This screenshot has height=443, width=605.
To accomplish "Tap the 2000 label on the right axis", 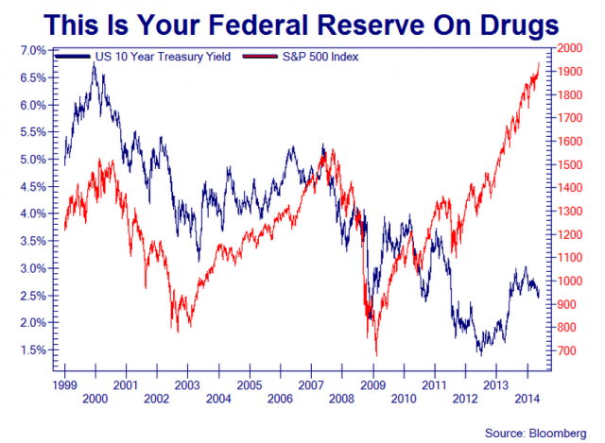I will (x=569, y=48).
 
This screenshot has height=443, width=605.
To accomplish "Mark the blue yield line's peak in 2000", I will (x=94, y=65).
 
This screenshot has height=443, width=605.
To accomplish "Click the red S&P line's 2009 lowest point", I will (x=376, y=356).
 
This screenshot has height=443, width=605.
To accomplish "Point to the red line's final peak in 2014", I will (x=539, y=63).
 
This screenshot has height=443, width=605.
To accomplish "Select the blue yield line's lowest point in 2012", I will (x=479, y=354).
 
